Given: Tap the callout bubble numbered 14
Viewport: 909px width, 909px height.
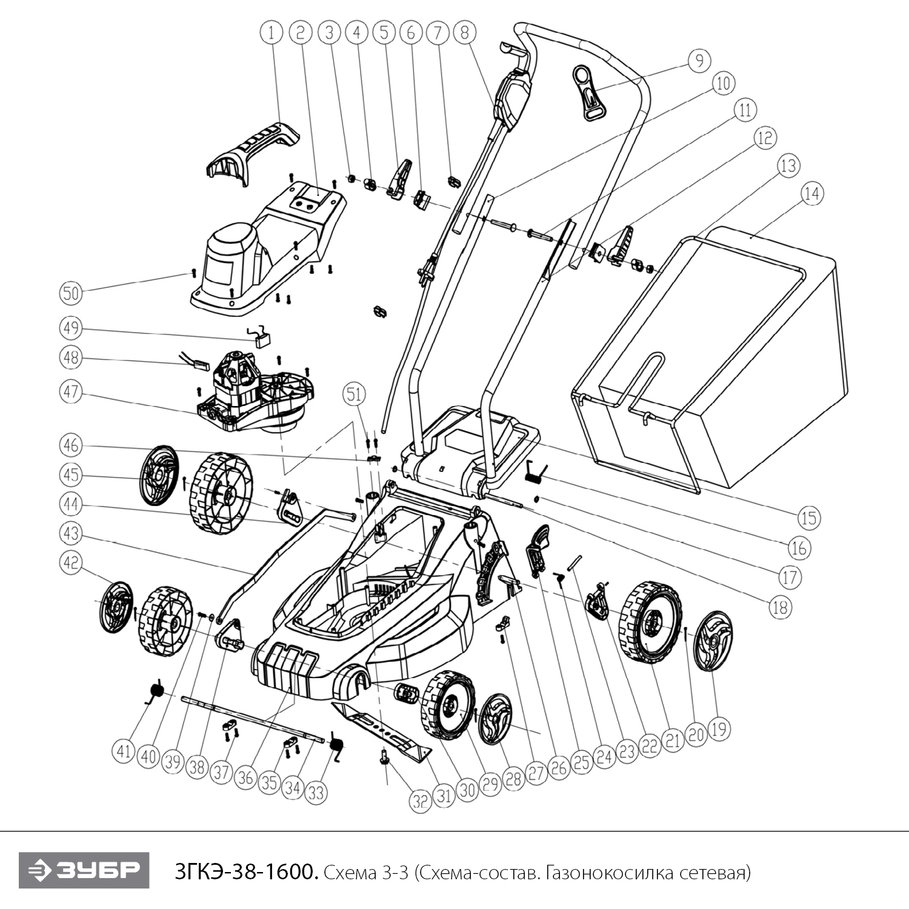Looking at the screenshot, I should pyautogui.click(x=812, y=194).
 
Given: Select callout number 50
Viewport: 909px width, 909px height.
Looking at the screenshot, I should pyautogui.click(x=71, y=293).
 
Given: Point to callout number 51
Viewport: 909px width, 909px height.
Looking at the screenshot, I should pyautogui.click(x=355, y=395).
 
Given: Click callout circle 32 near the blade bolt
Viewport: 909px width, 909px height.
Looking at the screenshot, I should pyautogui.click(x=420, y=802).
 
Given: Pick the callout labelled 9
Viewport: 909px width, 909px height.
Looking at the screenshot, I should pyautogui.click(x=699, y=61).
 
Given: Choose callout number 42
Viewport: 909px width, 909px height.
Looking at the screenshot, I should pyautogui.click(x=71, y=562).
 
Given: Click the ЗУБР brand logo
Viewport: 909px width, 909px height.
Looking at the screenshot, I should pyautogui.click(x=84, y=870).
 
